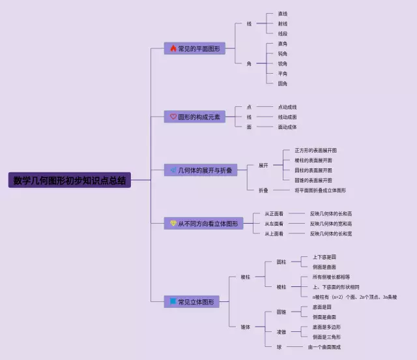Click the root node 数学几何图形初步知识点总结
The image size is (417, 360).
coord(70,181)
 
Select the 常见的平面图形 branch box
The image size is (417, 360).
coord(195,48)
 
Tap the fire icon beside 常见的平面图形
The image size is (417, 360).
coord(173,48)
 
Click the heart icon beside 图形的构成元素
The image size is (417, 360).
coord(173,117)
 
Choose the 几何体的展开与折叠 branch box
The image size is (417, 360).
coord(203,170)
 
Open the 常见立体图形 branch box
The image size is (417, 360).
coord(191,302)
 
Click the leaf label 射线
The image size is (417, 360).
coord(282,23)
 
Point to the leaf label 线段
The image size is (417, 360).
coord(282,33)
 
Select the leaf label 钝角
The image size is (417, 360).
coord(282,53)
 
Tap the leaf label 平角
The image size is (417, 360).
coord(282,74)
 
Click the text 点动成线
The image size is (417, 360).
coord(287,107)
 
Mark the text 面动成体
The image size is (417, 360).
coord(287,127)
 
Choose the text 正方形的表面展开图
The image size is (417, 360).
coord(315,150)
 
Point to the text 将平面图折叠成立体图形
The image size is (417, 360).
coord(320,190)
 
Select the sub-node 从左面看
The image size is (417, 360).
coord(274,224)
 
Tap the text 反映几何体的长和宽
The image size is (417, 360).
coord(330,233)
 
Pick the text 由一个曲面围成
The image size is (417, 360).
coord(324,347)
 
